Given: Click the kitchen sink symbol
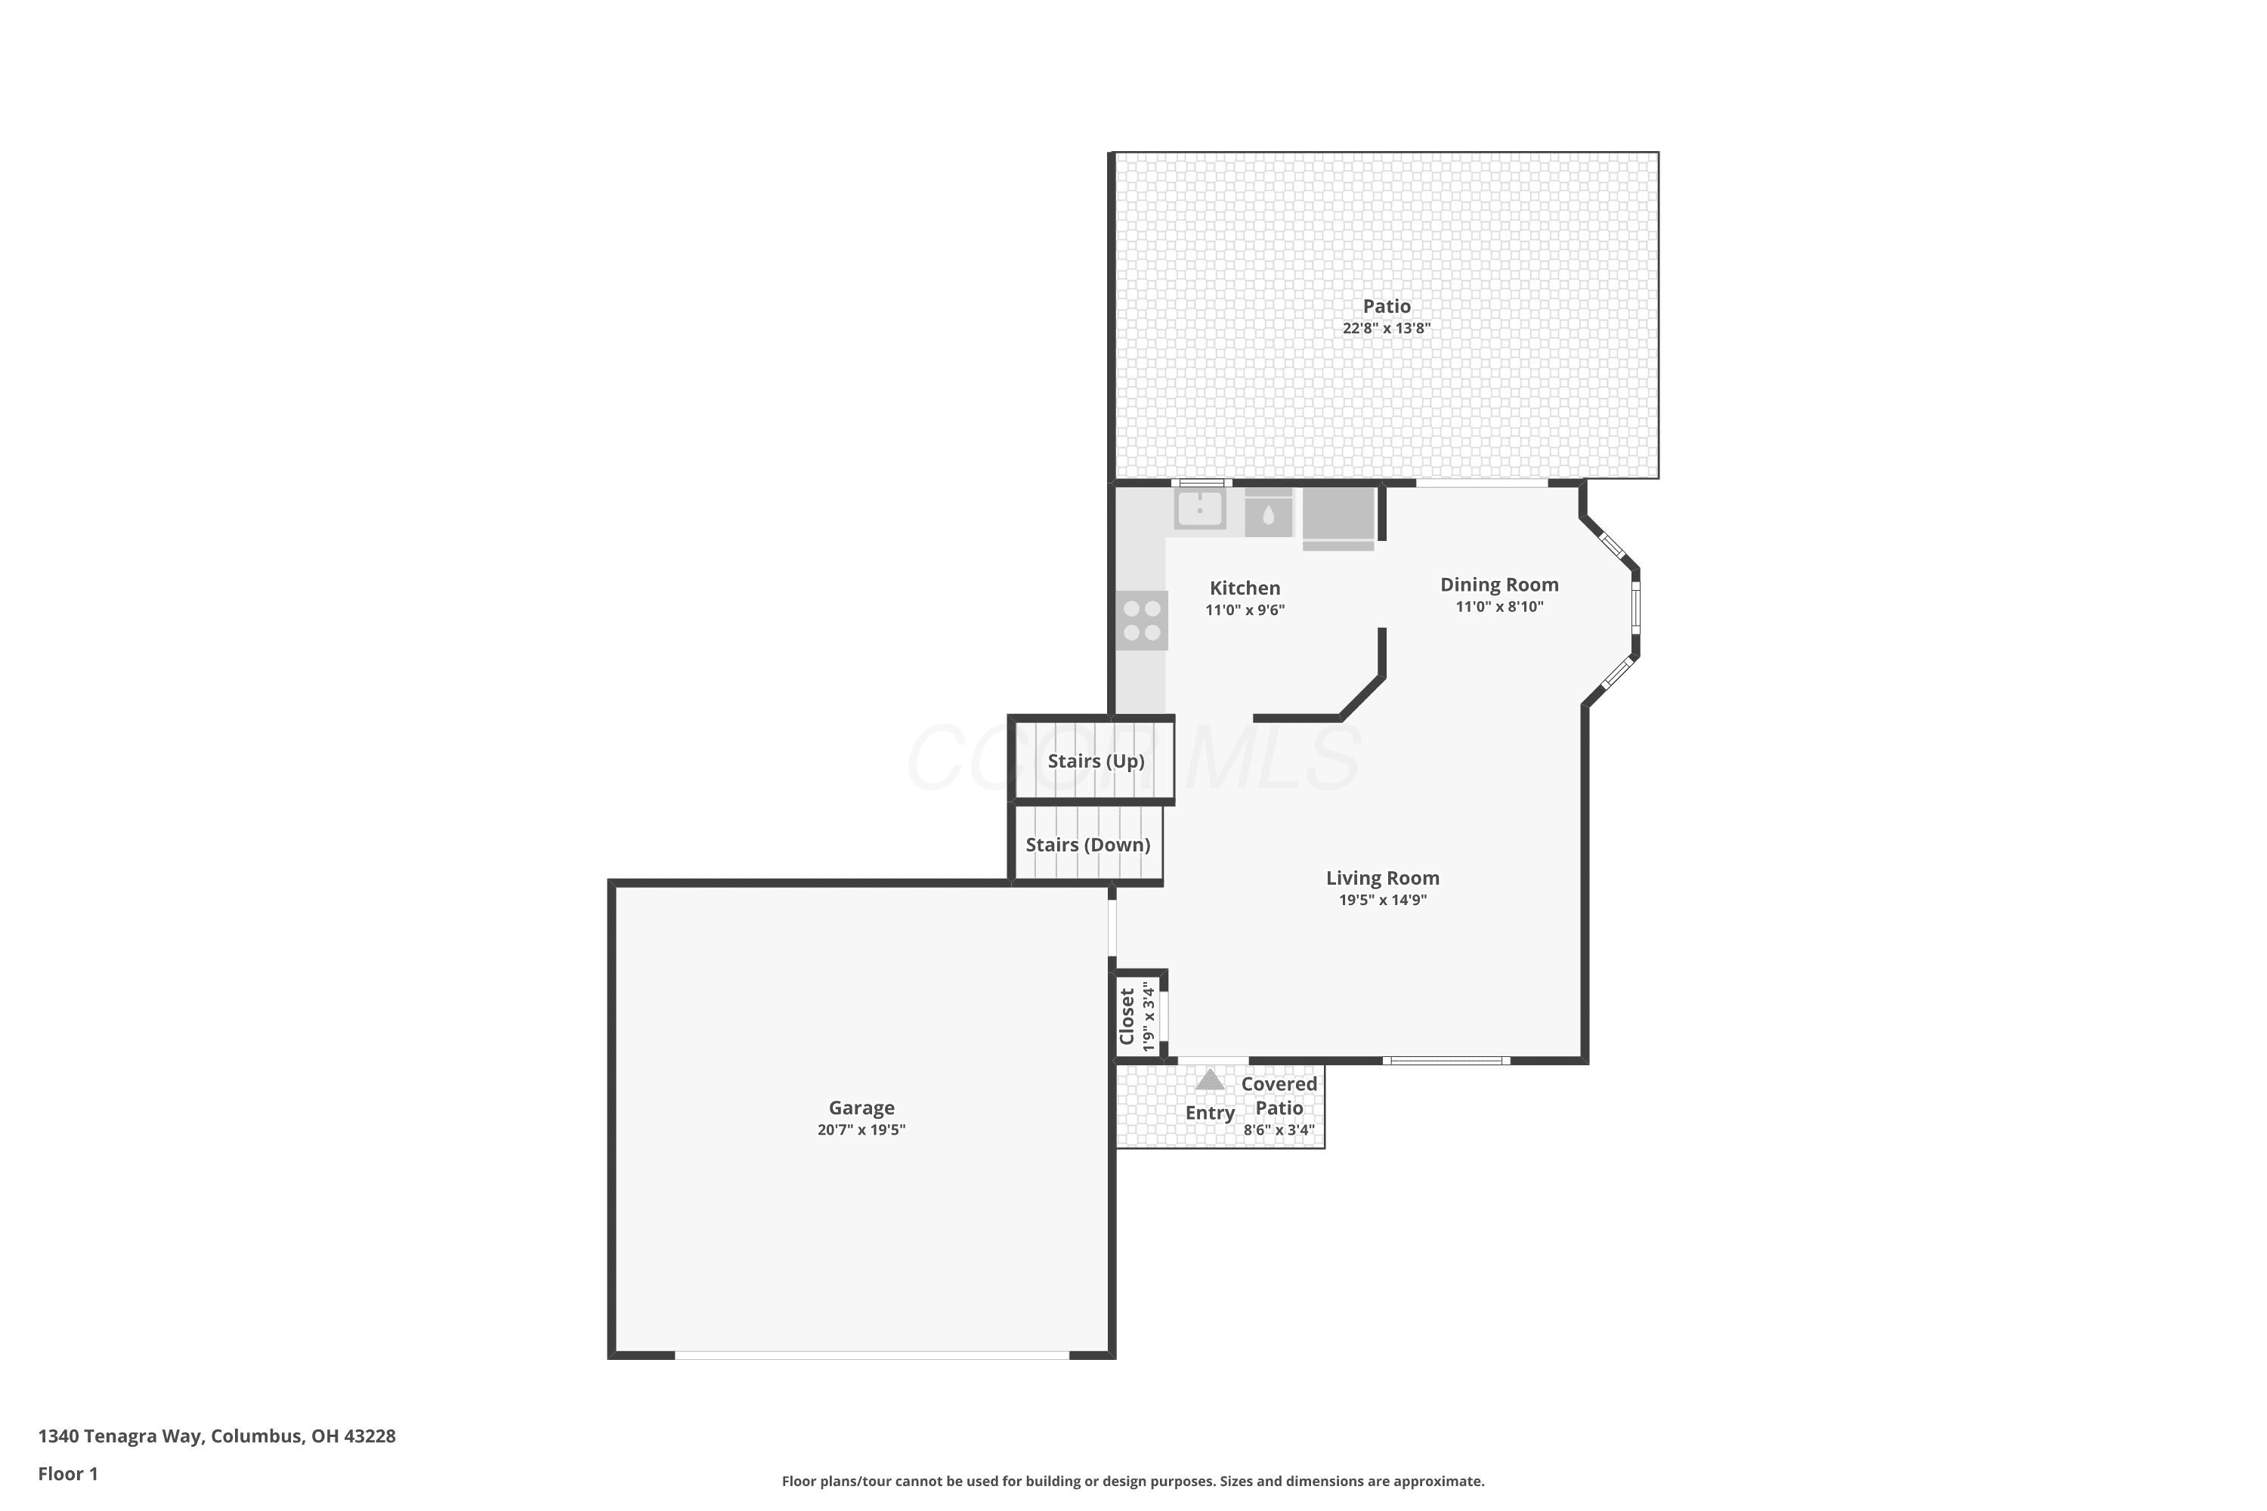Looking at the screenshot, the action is [x=1200, y=508].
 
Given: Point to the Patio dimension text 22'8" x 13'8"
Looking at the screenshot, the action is [x=1386, y=328].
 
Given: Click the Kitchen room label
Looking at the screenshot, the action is [x=1245, y=588].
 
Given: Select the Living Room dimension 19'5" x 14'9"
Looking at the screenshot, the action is [x=1382, y=900].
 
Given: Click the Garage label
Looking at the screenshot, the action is [x=861, y=1108].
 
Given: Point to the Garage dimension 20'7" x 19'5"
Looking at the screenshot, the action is [x=861, y=1129].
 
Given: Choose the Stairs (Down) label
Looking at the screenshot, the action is [x=1087, y=845].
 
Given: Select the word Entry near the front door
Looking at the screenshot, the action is [x=1210, y=1113].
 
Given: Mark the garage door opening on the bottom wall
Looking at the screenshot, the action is [x=871, y=1354].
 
